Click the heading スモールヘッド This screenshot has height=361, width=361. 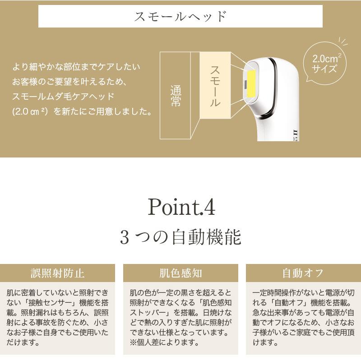(180, 17)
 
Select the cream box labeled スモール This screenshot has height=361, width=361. (215, 86)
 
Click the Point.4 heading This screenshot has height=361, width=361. (181, 207)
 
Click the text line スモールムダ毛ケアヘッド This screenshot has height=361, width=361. (63, 97)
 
